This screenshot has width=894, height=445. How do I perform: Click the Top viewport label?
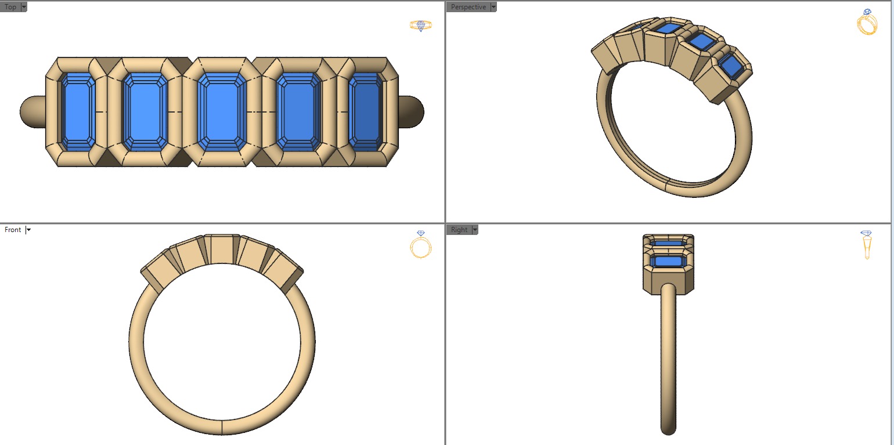tap(10, 7)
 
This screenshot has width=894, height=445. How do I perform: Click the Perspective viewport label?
tap(468, 7)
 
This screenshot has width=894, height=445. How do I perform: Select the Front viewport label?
tap(13, 230)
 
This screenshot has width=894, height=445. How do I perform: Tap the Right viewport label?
tap(459, 230)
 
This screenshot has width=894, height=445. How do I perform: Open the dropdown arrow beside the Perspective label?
tap(493, 7)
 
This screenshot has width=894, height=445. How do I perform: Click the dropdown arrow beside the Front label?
tap(28, 230)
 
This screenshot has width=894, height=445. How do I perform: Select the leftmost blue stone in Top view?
tap(78, 111)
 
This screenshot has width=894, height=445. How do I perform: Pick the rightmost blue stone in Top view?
tap(365, 111)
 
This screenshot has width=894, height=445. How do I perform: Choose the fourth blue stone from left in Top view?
tap(299, 111)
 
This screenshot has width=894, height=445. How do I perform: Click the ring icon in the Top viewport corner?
tap(420, 25)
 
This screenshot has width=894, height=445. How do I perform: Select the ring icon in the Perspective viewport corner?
tap(867, 23)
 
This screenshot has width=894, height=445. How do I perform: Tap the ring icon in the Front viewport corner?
tap(420, 244)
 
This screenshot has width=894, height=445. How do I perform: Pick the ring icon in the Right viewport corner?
tap(866, 244)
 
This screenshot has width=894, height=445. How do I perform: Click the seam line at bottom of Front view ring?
tap(222, 427)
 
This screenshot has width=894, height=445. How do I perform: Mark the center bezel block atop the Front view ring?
tap(222, 249)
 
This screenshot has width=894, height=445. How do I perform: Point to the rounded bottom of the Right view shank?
tap(668, 428)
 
